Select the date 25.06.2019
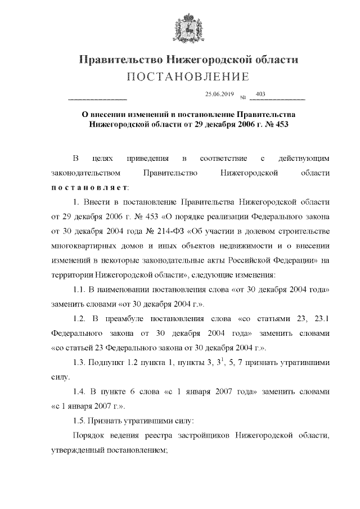click(219, 94)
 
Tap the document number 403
click(260, 93)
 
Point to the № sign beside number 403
click(243, 97)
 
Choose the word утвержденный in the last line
click(76, 450)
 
